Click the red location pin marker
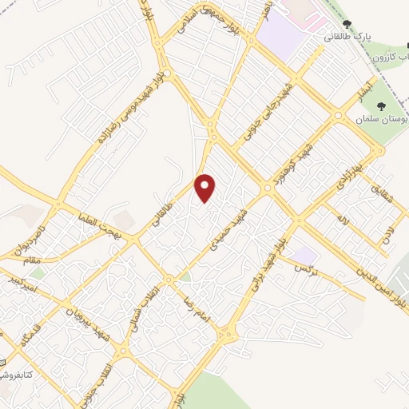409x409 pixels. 206,188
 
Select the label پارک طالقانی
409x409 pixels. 348,38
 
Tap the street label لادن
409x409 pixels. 389,234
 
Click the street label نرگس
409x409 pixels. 306,269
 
